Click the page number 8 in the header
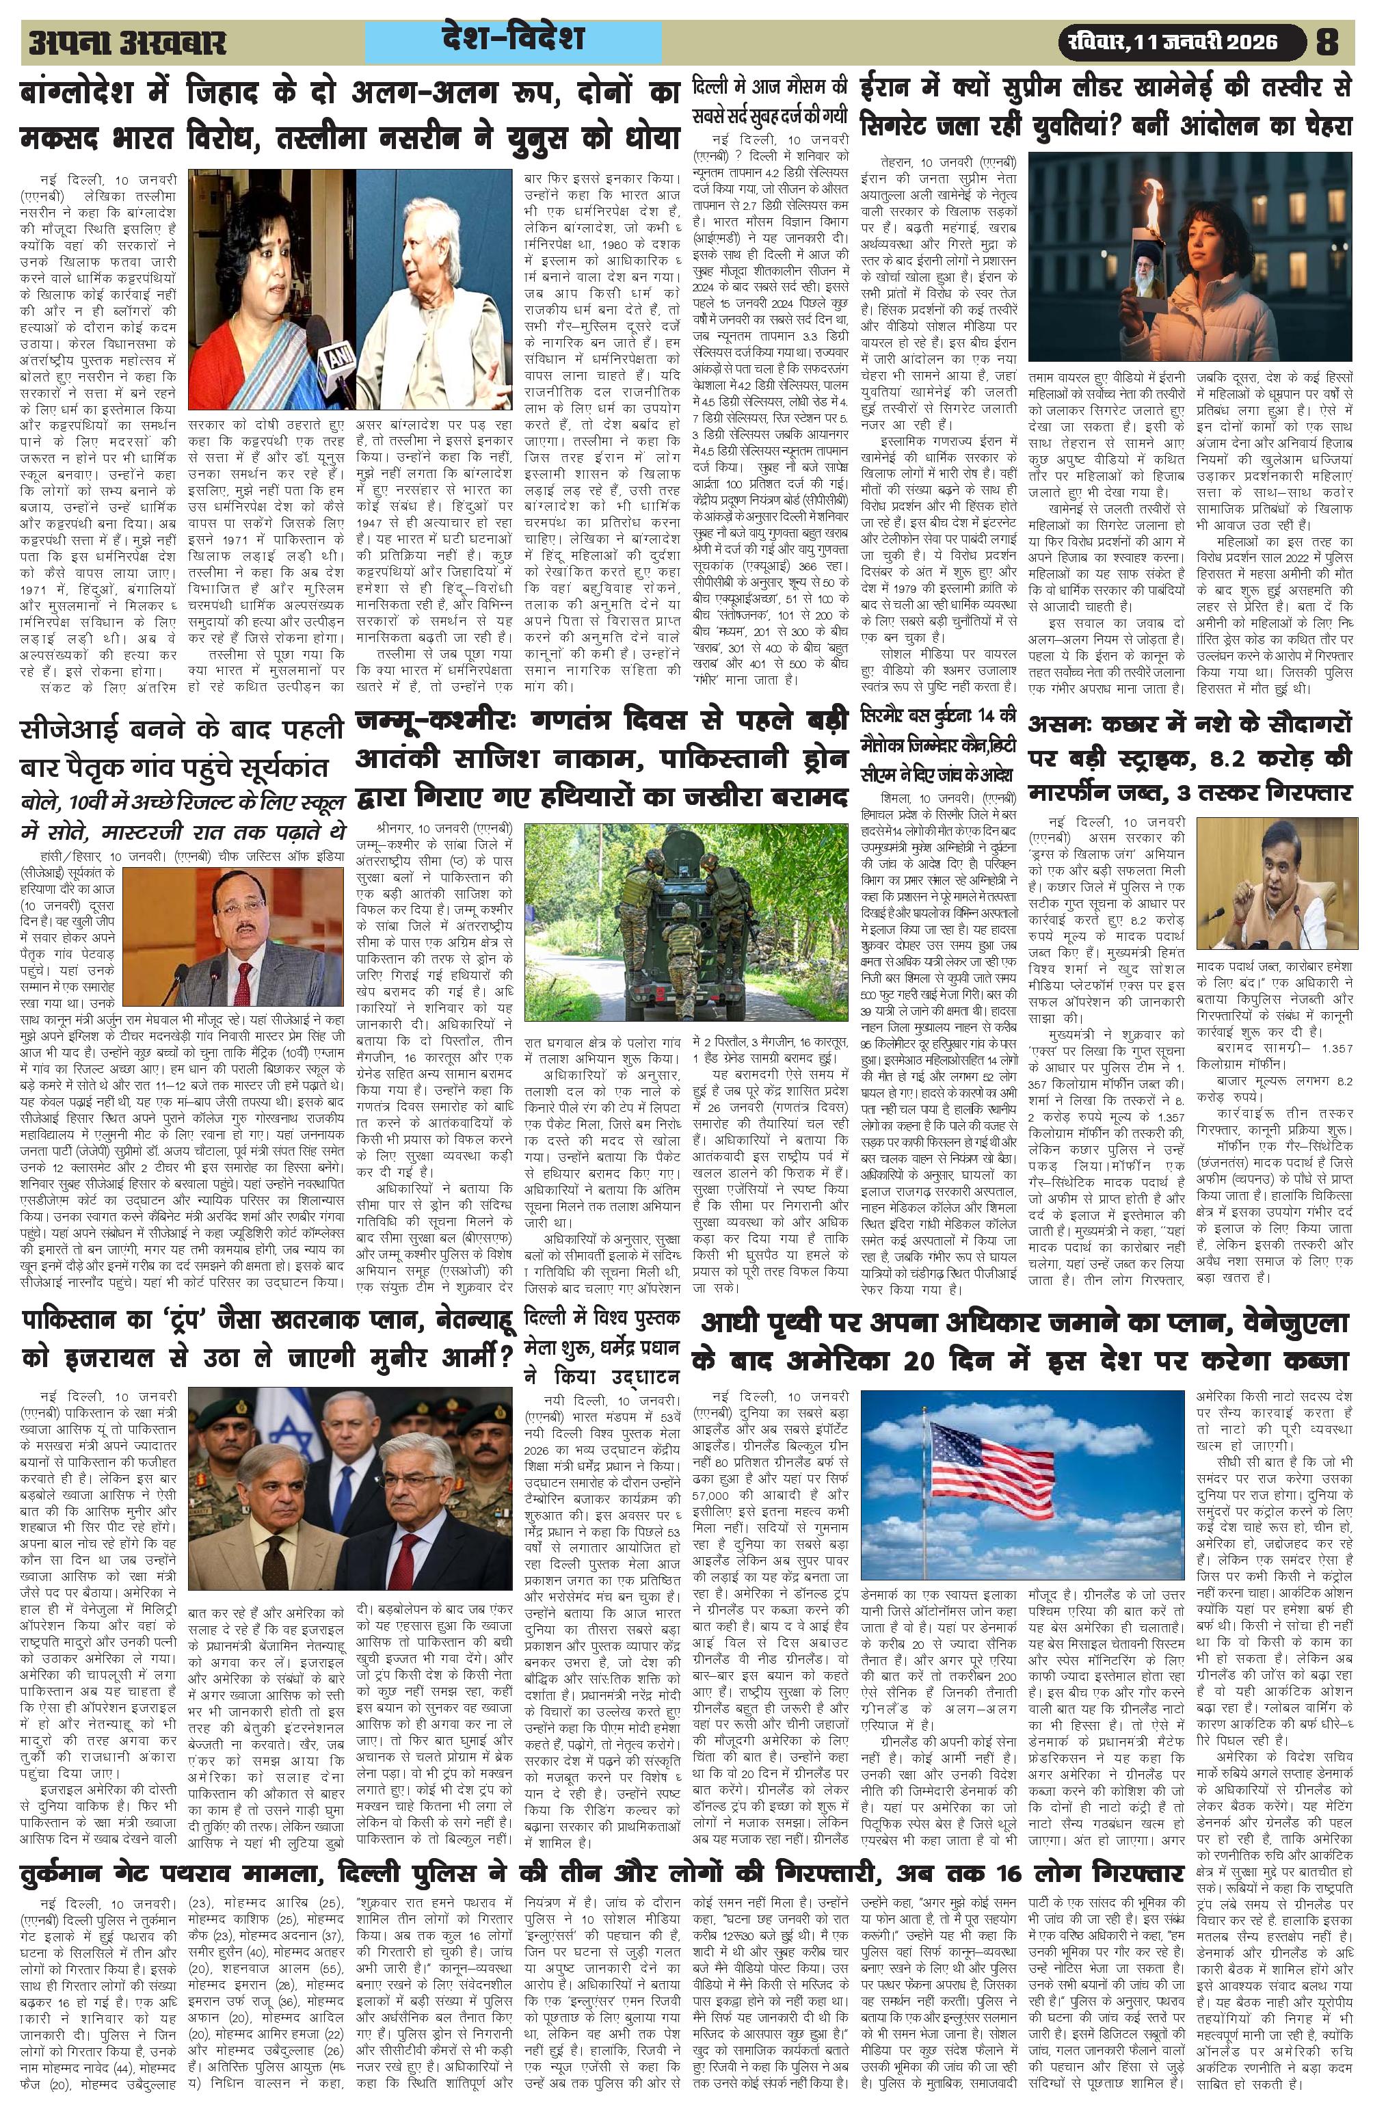pyautogui.click(x=1327, y=42)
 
